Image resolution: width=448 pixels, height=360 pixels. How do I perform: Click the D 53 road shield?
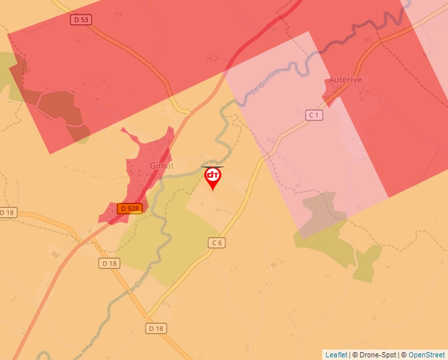[80, 20]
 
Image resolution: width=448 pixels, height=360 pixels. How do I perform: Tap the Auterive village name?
[345, 80]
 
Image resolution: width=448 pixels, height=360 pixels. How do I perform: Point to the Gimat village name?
[161, 165]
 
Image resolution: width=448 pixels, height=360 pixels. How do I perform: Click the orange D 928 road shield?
[129, 209]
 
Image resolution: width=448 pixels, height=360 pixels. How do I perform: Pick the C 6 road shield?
[217, 243]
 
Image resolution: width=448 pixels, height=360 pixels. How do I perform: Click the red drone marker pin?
[212, 177]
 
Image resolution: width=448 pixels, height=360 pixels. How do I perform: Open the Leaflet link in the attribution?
[336, 355]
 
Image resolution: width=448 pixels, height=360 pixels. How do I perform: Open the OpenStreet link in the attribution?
[428, 355]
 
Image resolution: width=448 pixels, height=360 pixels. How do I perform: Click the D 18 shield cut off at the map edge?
[7, 213]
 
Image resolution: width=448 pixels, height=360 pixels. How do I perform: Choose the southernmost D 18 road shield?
[155, 328]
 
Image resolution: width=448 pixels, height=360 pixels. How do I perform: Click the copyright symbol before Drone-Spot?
[356, 355]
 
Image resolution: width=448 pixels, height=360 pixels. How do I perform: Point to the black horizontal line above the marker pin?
[212, 167]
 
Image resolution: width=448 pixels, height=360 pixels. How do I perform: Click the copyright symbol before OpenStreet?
[404, 355]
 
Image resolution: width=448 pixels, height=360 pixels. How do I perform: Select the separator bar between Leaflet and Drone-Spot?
[350, 355]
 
